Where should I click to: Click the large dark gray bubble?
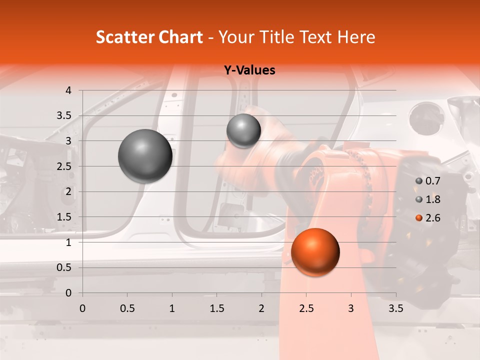[145, 156]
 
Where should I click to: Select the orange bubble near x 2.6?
[315, 252]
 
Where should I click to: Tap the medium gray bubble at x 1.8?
[243, 130]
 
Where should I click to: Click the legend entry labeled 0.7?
[427, 181]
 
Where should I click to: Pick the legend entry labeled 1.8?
[427, 199]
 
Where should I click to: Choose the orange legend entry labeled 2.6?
[427, 217]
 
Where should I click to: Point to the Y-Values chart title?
[249, 70]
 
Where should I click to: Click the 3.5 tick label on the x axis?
[395, 308]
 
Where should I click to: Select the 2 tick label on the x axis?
[261, 308]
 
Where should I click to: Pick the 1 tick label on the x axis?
[172, 308]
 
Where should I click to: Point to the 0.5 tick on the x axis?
[127, 308]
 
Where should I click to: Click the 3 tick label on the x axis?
[351, 308]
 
